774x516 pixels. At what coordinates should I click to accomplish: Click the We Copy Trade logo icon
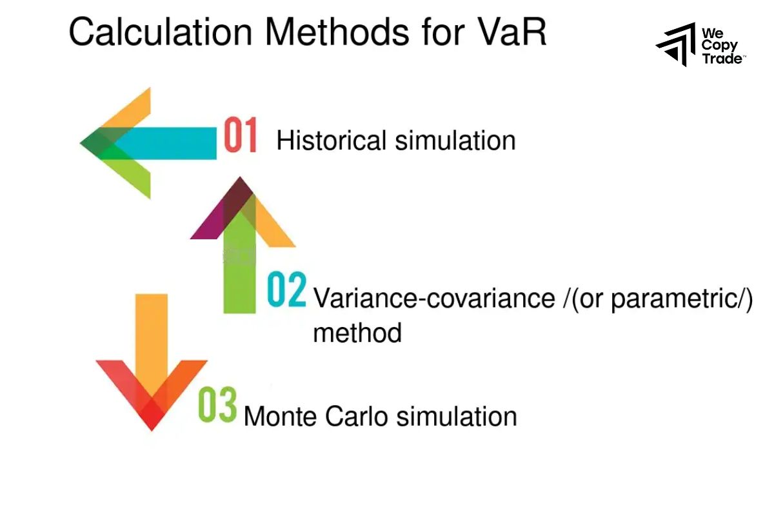675,45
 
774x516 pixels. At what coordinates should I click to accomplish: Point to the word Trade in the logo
722,59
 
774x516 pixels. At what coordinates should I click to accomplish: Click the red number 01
240,135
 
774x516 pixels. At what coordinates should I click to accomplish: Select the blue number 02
286,291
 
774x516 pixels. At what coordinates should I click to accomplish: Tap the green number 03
217,404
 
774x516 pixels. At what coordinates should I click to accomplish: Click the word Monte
281,416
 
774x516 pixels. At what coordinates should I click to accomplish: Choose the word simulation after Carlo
457,416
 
